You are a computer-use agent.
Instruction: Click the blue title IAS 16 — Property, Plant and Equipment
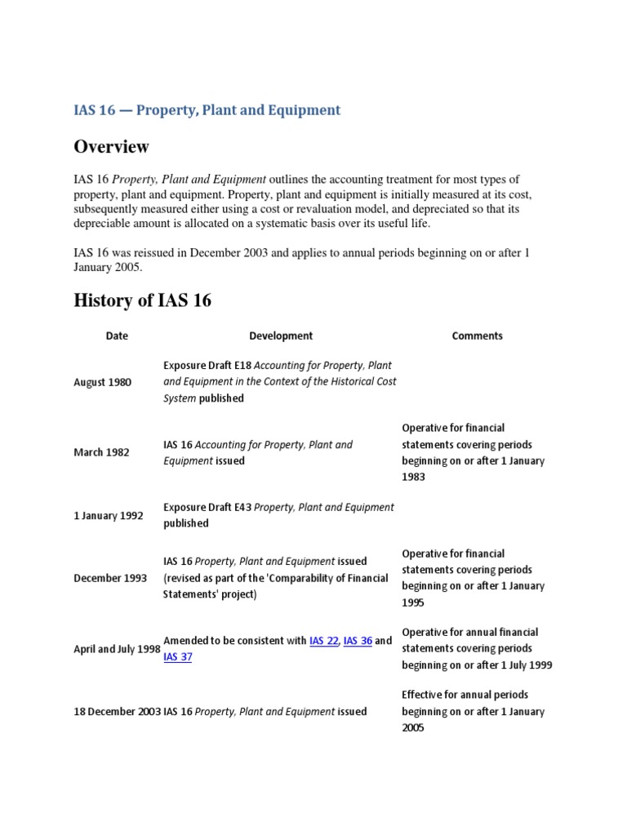click(x=207, y=109)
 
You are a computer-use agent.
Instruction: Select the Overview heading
click(x=111, y=147)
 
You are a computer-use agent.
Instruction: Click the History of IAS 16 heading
click(x=142, y=300)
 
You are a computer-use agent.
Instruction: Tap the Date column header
click(x=117, y=336)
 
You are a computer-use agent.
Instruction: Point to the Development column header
click(x=280, y=336)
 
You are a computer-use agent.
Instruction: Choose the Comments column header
click(x=477, y=336)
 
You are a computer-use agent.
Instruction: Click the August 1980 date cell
click(x=102, y=382)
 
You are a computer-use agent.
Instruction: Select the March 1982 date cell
click(x=101, y=452)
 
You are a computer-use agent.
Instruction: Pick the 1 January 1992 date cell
click(x=109, y=515)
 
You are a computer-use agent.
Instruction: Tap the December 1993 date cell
click(x=110, y=578)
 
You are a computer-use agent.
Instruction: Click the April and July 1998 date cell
click(x=117, y=649)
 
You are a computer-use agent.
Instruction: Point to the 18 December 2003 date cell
click(x=118, y=711)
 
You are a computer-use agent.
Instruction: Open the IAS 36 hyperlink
click(x=358, y=641)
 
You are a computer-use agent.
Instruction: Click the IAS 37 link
click(x=177, y=657)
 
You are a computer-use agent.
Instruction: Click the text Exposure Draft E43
click(x=207, y=507)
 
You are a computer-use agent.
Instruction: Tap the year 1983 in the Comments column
click(x=413, y=477)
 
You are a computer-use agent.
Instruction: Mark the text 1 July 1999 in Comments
click(x=523, y=665)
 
